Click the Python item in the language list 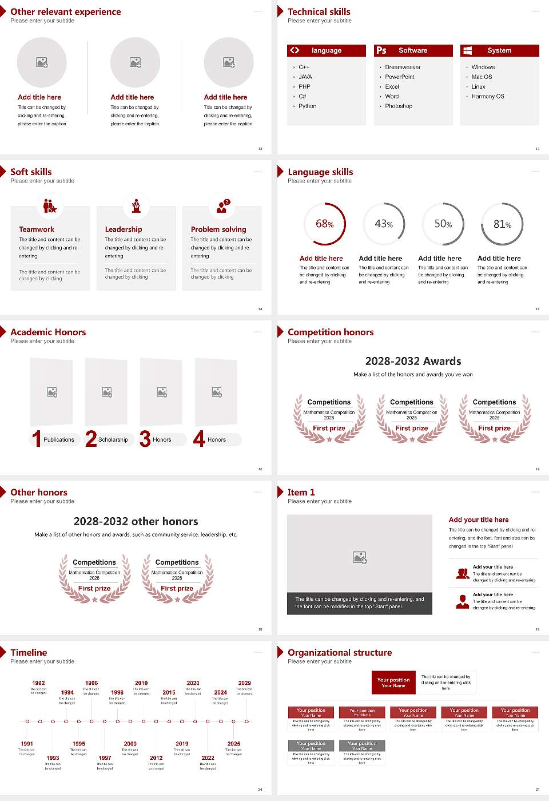click(307, 106)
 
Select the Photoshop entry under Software click(399, 106)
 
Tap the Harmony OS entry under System click(488, 97)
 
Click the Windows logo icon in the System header click(468, 50)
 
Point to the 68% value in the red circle click(325, 224)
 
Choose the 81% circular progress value click(502, 224)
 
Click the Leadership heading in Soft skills click(124, 229)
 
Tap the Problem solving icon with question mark click(222, 206)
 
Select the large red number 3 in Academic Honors click(145, 439)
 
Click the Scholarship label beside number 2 click(113, 440)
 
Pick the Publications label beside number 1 click(58, 440)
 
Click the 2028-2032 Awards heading click(413, 361)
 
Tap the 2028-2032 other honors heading click(136, 521)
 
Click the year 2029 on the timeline click(245, 683)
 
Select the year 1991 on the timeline click(27, 744)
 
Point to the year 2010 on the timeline click(141, 683)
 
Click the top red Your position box click(393, 683)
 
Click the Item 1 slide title click(301, 492)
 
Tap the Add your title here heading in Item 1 click(479, 520)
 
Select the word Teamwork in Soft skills click(37, 229)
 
